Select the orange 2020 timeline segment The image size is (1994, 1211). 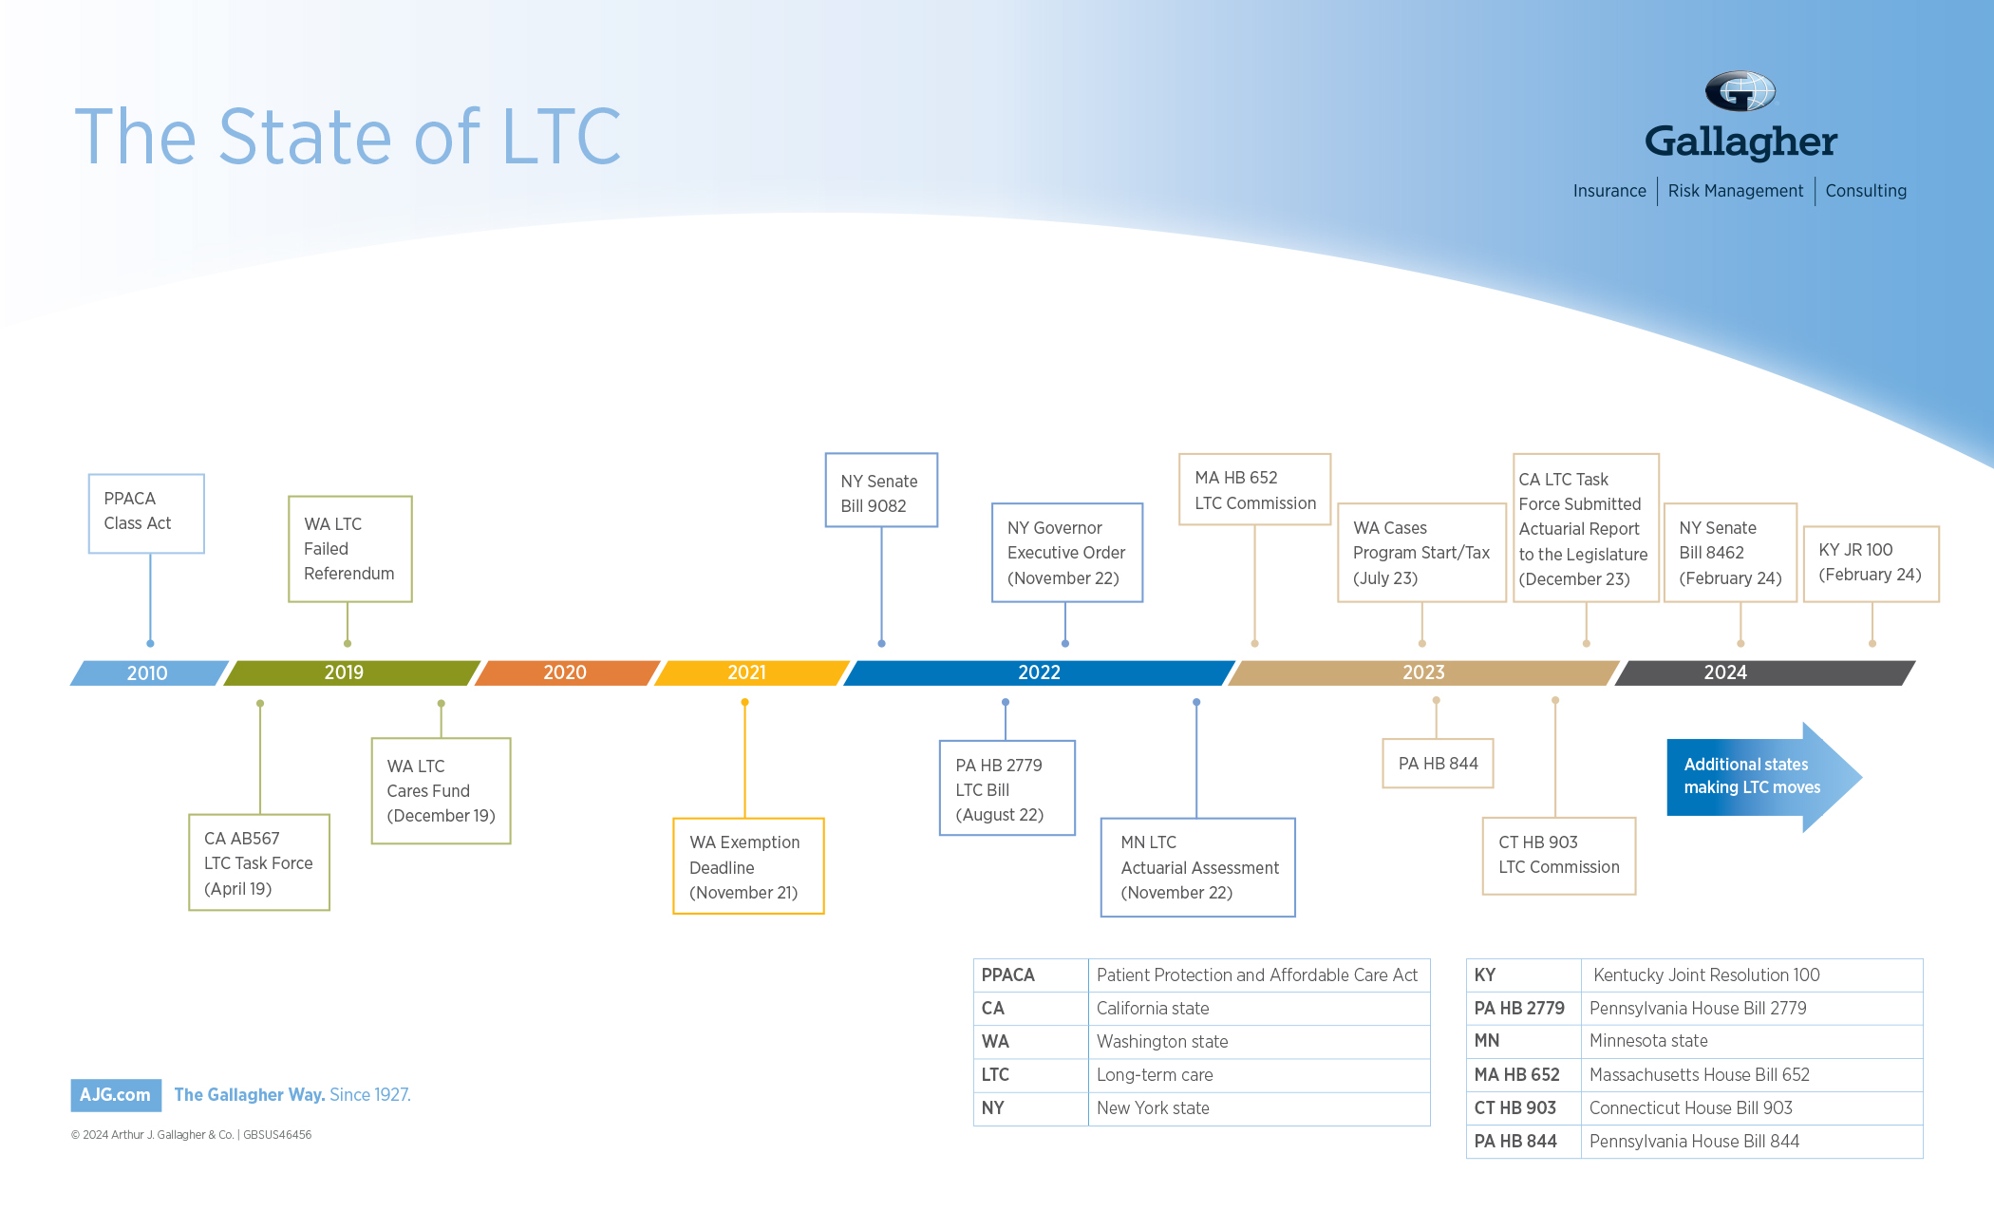click(x=566, y=672)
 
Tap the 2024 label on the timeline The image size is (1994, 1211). click(x=1724, y=672)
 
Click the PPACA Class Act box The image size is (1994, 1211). click(x=146, y=513)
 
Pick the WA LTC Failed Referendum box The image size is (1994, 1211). click(x=349, y=549)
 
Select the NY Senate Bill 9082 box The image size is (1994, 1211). click(x=880, y=491)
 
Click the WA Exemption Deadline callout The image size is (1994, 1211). click(x=747, y=866)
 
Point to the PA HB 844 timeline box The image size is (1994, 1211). click(x=1438, y=764)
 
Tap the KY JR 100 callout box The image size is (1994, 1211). click(x=1870, y=563)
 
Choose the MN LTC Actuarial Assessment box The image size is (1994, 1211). click(x=1197, y=867)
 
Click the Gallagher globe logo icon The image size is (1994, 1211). click(x=1740, y=92)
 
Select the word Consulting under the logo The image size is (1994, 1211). click(x=1865, y=191)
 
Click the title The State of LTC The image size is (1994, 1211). click(x=348, y=138)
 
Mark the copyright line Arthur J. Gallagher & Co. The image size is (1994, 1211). click(x=191, y=1135)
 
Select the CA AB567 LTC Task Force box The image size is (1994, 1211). click(x=258, y=862)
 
